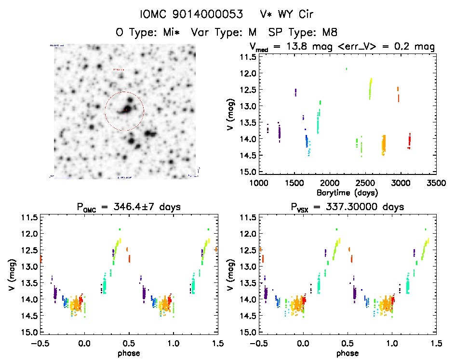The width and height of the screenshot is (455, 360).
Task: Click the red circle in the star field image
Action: [124, 111]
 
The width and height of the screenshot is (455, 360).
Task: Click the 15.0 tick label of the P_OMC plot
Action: [28, 333]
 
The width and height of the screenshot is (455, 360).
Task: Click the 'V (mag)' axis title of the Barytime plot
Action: [230, 114]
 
